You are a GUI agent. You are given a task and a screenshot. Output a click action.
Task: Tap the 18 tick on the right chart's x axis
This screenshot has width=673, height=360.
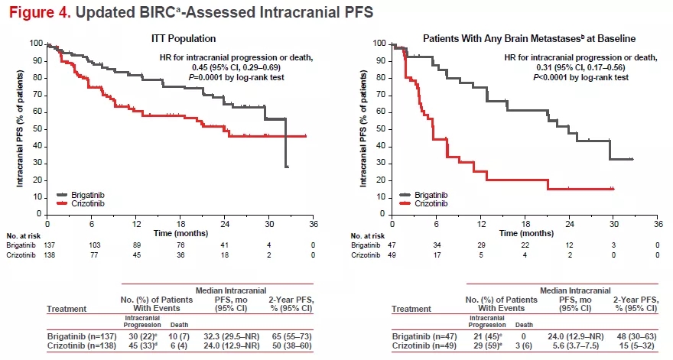[x=525, y=223]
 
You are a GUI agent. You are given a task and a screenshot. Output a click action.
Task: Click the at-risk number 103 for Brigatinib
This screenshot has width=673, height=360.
[x=92, y=245]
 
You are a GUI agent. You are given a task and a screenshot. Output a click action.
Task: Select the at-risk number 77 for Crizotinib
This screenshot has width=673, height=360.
[x=92, y=255]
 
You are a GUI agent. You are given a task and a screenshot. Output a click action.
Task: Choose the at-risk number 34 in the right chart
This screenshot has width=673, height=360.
[x=436, y=245]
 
